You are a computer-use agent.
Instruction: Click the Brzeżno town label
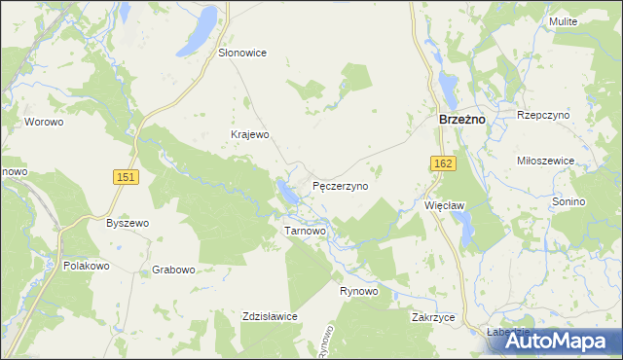point(456,119)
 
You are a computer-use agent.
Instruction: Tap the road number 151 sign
point(125,176)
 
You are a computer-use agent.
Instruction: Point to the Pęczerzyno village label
point(340,185)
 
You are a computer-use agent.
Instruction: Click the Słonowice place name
point(242,53)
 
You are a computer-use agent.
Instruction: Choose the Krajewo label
point(248,134)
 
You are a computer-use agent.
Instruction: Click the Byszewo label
point(127,223)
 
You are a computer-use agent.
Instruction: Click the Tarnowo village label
point(304,231)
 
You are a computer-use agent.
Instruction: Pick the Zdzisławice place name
point(270,316)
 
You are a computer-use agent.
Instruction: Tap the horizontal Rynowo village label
point(358,291)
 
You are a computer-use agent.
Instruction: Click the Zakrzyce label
point(433,317)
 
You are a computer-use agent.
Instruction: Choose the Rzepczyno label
point(543,115)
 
